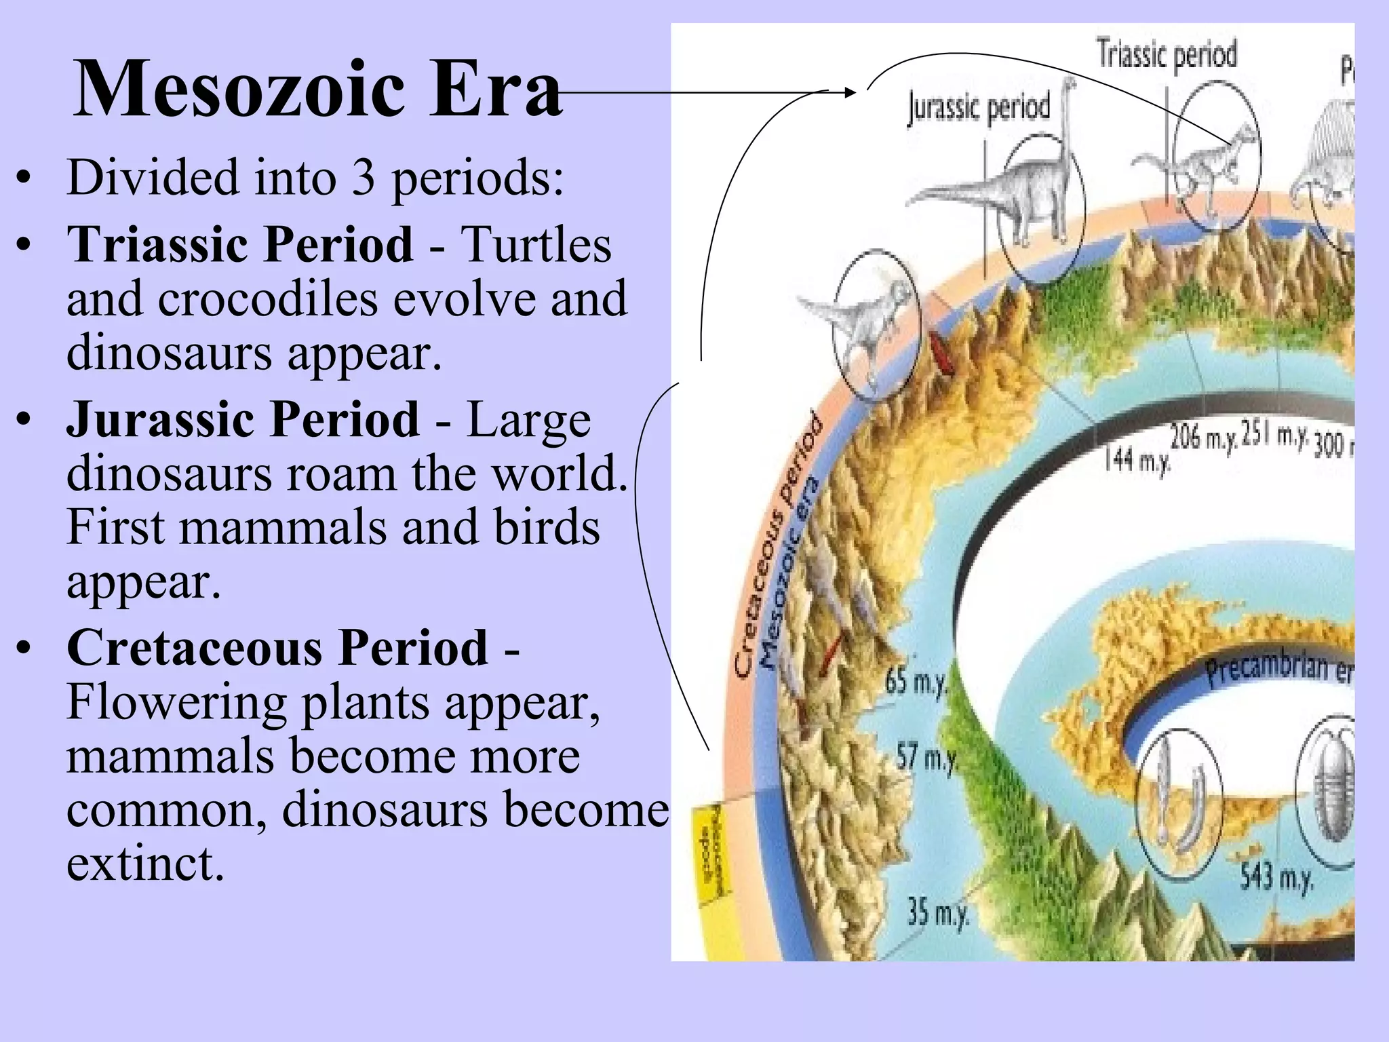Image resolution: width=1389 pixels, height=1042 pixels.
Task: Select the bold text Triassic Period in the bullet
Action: [240, 244]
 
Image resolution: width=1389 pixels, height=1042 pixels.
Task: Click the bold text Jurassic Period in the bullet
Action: [243, 419]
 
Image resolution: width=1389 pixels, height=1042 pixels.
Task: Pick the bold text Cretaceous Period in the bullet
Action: [277, 647]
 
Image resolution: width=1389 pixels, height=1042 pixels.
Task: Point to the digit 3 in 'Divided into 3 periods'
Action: [364, 178]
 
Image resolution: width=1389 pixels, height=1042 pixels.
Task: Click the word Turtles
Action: [536, 244]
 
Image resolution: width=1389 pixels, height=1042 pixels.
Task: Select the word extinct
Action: [145, 863]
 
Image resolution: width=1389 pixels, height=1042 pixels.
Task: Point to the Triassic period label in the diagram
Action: [1167, 54]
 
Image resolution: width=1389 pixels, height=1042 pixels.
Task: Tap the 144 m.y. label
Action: [1137, 461]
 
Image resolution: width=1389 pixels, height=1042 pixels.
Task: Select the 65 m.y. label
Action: [916, 680]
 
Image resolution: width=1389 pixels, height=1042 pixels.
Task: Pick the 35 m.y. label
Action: [939, 912]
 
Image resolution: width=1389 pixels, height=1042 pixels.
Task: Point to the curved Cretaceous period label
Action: [780, 549]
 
